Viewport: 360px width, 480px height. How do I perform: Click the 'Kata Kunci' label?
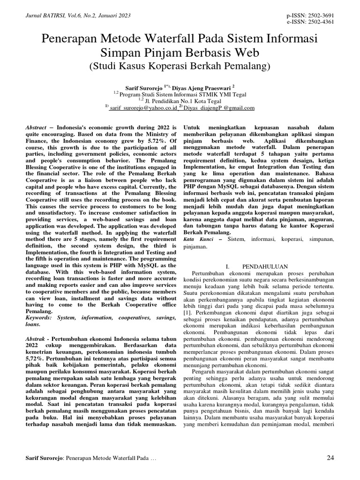click(197, 240)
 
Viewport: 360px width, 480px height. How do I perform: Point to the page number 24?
click(330, 457)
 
